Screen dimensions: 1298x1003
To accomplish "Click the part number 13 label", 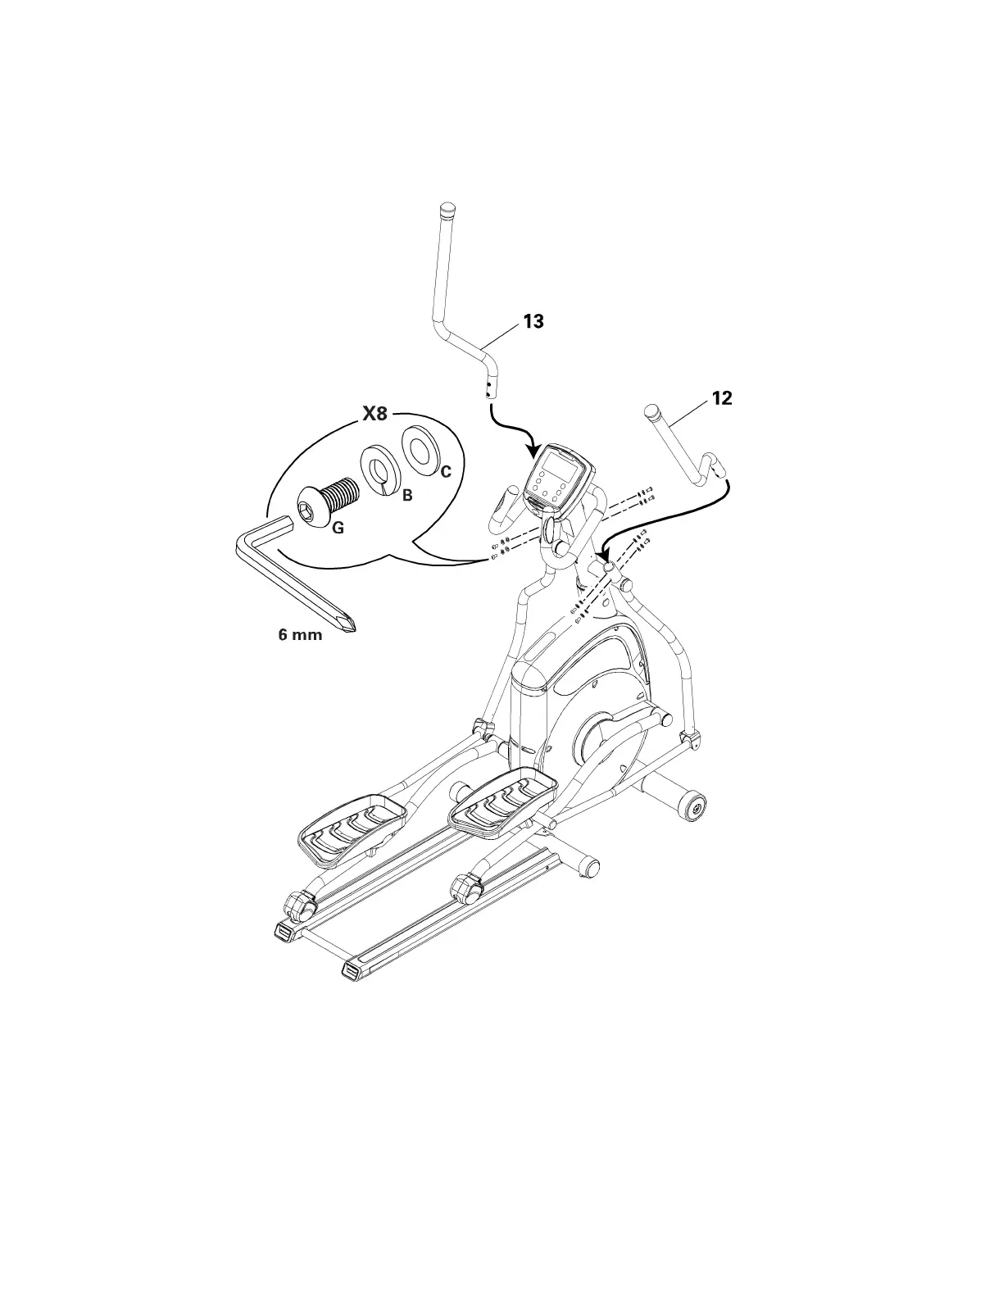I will pos(533,321).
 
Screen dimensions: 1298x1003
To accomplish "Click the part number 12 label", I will pos(722,398).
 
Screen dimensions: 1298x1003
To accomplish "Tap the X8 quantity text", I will pos(374,414).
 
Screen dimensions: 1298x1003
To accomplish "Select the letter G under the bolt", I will pos(338,529).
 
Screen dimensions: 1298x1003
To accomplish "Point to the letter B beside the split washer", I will pos(407,496).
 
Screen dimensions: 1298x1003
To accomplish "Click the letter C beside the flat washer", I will pos(446,472).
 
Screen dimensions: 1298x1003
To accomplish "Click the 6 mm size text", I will pos(301,635).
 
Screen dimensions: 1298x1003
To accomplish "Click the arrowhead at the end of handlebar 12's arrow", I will pos(606,557).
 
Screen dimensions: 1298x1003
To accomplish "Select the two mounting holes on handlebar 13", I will pos(489,387).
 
